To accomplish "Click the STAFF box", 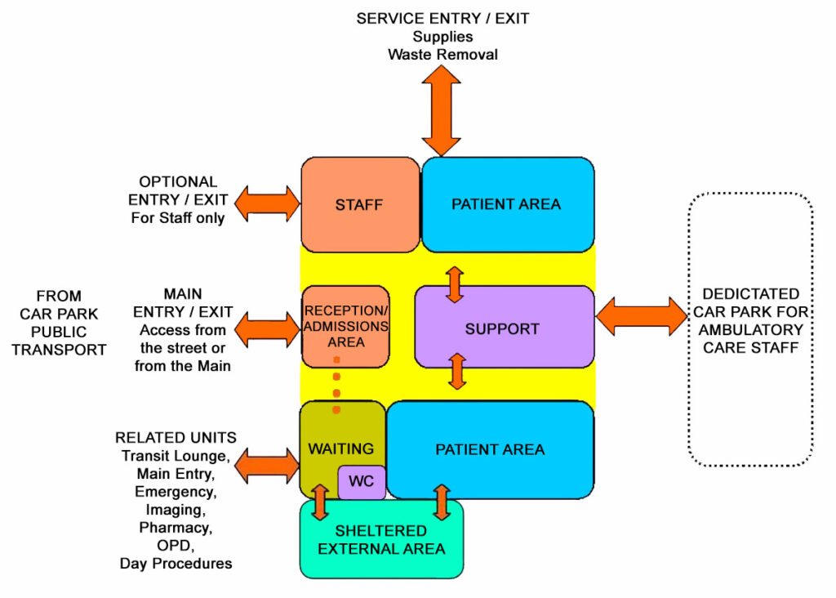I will (359, 204).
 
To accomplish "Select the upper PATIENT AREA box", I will (506, 204).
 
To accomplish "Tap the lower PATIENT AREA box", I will (490, 449).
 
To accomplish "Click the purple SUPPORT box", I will (502, 329).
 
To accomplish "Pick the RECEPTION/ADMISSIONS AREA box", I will (345, 326).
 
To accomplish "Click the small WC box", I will (361, 481).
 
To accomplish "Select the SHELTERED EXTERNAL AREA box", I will (382, 539).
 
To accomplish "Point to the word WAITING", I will (340, 448).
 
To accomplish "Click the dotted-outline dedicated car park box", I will (750, 330).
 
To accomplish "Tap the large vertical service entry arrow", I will (441, 109).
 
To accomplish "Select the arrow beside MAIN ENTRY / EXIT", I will (268, 329).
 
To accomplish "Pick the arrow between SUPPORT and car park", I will (642, 316).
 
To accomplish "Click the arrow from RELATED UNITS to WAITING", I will (268, 466).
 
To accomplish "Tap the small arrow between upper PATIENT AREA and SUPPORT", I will (455, 284).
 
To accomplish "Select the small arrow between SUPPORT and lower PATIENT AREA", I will (457, 371).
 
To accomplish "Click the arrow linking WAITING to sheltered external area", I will (319, 502).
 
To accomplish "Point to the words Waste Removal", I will (442, 55).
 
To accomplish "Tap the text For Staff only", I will (178, 218).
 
